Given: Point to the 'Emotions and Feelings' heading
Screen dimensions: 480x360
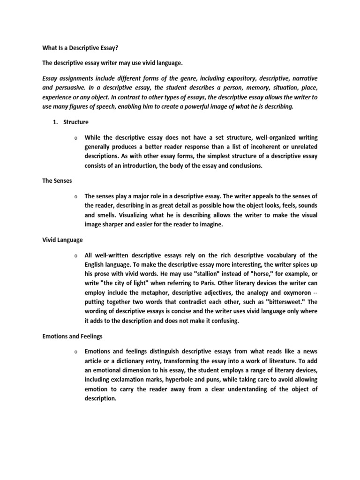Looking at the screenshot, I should coord(71,336).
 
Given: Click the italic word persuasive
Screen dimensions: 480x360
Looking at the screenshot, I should coord(66,87).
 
